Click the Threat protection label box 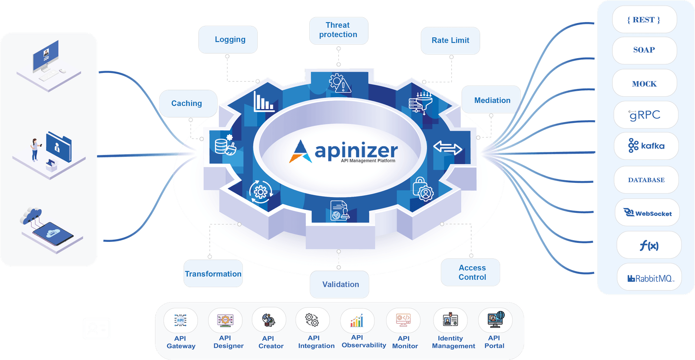click(x=338, y=31)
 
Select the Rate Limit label click(x=450, y=41)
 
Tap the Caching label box click(x=188, y=103)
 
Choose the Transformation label click(x=213, y=274)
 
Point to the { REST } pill click(x=644, y=20)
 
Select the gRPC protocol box click(x=645, y=115)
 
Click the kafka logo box click(x=646, y=146)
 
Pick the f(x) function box click(x=649, y=245)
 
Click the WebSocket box click(x=647, y=212)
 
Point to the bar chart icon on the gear click(x=264, y=101)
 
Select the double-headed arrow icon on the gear click(x=447, y=148)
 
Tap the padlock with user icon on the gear click(x=423, y=189)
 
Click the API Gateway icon click(x=180, y=320)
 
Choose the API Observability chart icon click(x=357, y=320)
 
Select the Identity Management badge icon click(x=450, y=319)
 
